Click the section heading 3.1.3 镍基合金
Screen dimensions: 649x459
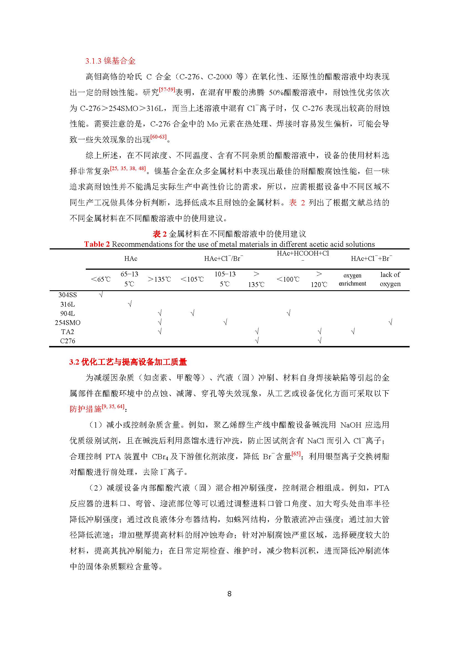[x=110, y=61]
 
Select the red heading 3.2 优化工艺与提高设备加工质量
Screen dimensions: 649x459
[x=128, y=362]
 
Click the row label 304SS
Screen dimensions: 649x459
[x=67, y=295]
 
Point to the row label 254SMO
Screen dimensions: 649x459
[x=67, y=322]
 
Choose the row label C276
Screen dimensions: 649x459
[x=67, y=341]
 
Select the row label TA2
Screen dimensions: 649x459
[x=67, y=332]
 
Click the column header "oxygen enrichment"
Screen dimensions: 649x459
[x=352, y=279]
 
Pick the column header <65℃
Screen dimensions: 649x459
[x=101, y=279]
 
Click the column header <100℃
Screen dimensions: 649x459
[x=288, y=279]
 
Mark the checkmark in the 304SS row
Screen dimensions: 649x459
[x=101, y=295]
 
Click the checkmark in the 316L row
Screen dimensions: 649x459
[x=130, y=304]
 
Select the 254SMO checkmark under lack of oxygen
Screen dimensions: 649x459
[x=390, y=322]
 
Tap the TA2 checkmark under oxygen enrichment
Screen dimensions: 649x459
[x=353, y=331]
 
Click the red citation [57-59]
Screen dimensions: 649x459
[x=167, y=90]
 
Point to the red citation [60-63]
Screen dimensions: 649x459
[x=158, y=137]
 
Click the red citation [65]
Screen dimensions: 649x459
[x=296, y=453]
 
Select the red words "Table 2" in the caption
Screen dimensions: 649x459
[x=97, y=244]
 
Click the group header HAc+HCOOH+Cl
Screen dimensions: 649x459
[x=303, y=254]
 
